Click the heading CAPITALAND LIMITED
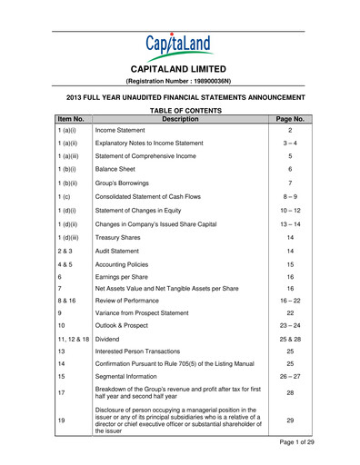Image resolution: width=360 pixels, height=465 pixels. pos(179,68)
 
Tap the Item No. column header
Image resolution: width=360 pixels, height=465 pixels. pos(70,118)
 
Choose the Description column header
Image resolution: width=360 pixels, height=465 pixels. pos(179,118)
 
